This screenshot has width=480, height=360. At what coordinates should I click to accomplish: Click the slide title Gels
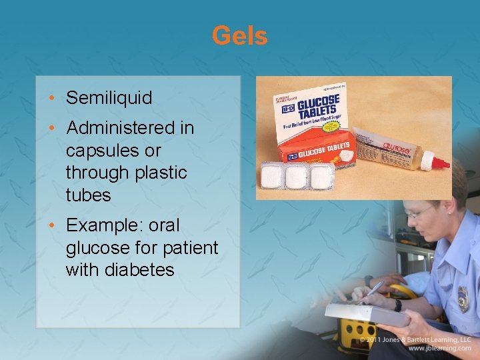point(239,35)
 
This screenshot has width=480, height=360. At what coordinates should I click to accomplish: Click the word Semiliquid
point(109,98)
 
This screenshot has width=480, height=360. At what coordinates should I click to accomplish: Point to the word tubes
point(89,195)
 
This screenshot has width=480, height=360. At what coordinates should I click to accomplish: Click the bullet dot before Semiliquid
point(53,98)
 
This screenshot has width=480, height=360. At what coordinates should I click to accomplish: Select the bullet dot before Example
point(53,225)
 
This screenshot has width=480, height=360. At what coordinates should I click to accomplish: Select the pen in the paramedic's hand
point(374,288)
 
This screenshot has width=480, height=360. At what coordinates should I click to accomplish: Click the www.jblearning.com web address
point(439,348)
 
